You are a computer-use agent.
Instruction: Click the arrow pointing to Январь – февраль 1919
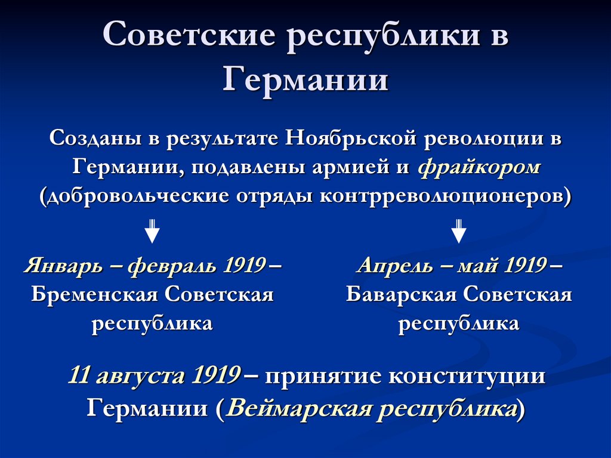tap(153, 231)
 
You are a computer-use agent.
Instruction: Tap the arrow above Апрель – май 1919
tap(458, 231)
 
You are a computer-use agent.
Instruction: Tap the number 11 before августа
tap(80, 376)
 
